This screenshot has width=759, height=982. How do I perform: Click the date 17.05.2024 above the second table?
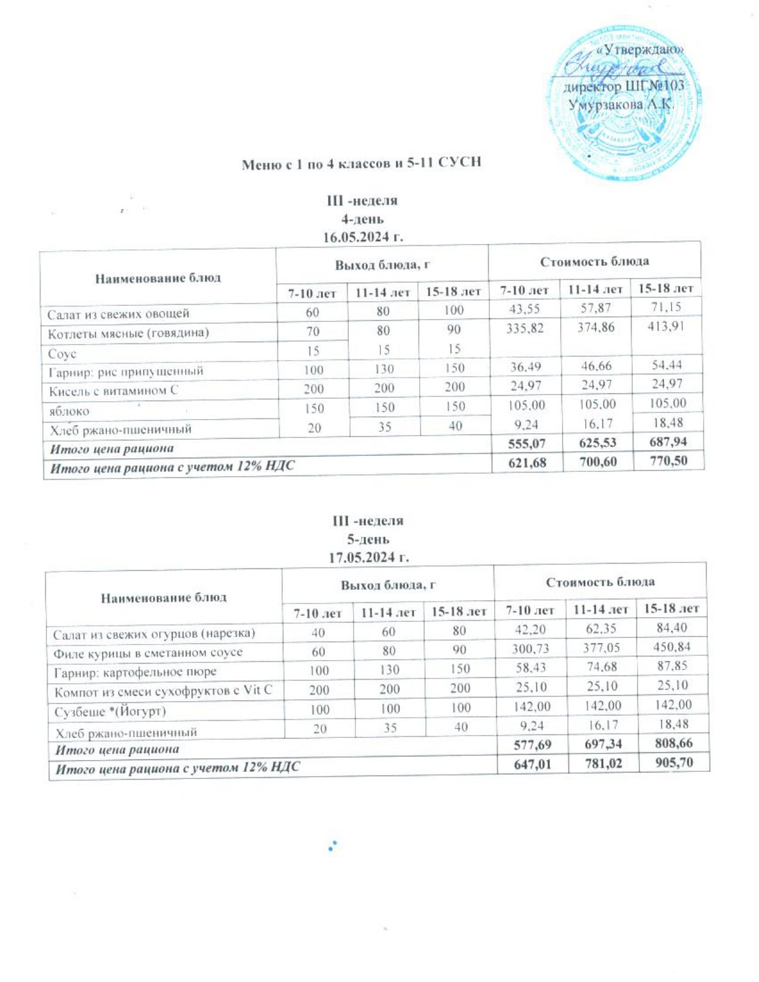point(369,558)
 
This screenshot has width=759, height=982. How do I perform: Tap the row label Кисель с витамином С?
point(113,390)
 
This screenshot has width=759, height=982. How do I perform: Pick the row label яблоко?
point(69,411)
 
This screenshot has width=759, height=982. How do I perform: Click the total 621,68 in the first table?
point(526,462)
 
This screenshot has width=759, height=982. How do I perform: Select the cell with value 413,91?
point(666,326)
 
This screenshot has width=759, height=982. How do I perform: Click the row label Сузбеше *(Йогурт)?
point(110,711)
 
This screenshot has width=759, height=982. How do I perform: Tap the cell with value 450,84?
point(671,646)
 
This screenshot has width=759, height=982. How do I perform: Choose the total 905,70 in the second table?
point(672,762)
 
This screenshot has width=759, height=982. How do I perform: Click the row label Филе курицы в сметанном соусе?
point(148,652)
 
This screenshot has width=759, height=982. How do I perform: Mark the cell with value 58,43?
point(531,668)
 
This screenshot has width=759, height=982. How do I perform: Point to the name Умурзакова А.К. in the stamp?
point(620,105)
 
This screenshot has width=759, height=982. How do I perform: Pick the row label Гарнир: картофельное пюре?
point(135,672)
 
